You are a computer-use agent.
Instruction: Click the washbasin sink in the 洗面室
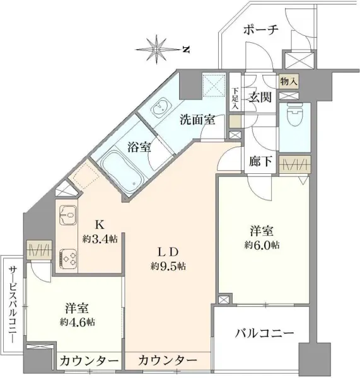[x=160, y=108]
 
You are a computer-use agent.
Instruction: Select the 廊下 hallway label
[x=260, y=161]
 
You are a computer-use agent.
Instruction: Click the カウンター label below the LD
[x=167, y=360]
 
